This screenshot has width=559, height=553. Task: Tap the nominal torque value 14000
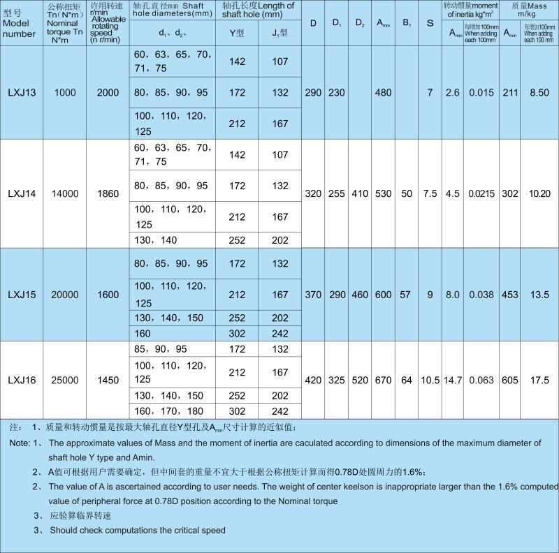pos(65,194)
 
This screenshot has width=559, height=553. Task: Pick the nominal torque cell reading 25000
pos(65,381)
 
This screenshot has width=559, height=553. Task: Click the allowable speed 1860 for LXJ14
pos(108,194)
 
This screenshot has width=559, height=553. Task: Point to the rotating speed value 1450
pos(108,381)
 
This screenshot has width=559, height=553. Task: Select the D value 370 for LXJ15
pos(314,295)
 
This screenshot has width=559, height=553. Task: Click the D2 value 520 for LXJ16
pos(359,381)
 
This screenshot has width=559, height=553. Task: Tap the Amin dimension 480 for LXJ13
pos(383,93)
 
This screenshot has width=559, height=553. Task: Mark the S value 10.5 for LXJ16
pos(430,381)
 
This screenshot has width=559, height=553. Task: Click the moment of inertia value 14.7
pos(453,381)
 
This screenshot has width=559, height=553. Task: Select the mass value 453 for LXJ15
pos(509,295)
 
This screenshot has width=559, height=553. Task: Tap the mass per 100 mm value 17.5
pos(538,381)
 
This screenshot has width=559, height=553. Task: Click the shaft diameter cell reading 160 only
pos(142,334)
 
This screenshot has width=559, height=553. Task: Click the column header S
pos(430,24)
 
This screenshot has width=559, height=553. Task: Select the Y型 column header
pos(237,33)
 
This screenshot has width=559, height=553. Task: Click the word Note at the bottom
pos(19,443)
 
